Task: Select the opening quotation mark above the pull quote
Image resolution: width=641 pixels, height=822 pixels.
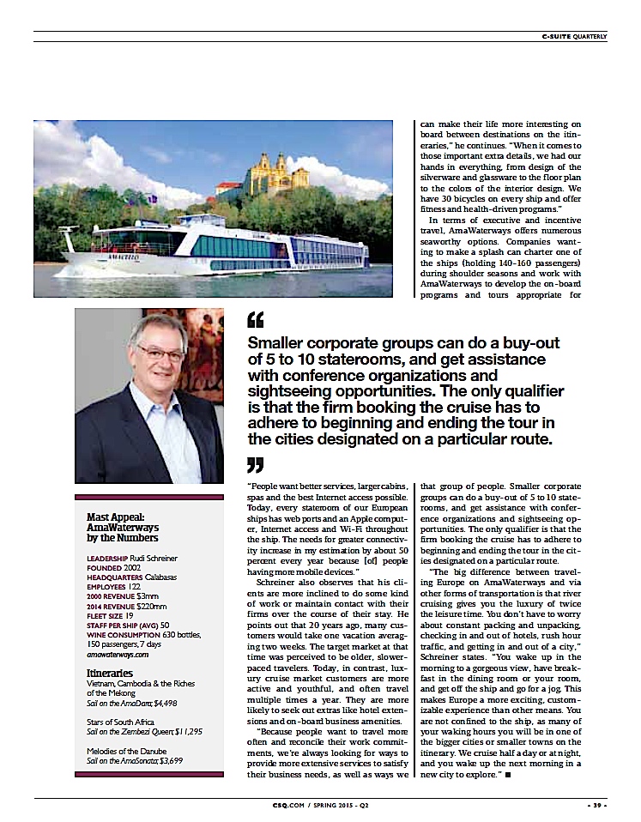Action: [255, 321]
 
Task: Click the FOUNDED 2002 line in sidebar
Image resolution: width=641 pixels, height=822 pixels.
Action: [114, 566]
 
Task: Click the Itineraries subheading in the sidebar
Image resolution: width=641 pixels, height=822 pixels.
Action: [108, 672]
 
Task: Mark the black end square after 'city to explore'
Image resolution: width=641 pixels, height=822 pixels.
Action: [509, 775]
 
